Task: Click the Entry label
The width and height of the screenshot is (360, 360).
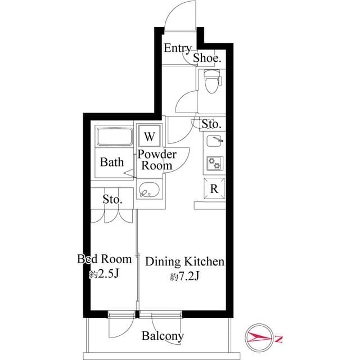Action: tap(177, 48)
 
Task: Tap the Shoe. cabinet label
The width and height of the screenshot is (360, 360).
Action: tap(207, 57)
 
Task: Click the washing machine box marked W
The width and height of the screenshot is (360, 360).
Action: tap(149, 137)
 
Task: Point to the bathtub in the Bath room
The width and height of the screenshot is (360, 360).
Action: tap(114, 138)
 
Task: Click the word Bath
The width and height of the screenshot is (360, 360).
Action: tap(112, 163)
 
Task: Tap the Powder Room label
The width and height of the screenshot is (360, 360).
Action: tap(157, 160)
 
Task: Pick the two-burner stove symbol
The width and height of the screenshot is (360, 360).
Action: tap(214, 163)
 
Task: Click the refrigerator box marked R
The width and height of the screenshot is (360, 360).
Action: tap(214, 189)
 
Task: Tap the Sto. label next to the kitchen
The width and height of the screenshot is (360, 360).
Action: tap(211, 124)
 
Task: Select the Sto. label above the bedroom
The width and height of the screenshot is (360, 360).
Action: tap(112, 199)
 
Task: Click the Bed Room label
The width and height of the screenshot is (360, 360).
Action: tap(104, 259)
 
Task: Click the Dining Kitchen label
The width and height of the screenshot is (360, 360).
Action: tap(185, 262)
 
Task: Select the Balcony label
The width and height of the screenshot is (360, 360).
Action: tap(163, 336)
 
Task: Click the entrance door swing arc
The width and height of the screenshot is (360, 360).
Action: tap(179, 14)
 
